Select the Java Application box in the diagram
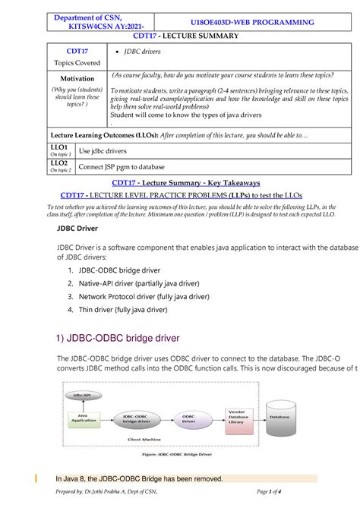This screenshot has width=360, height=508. point(84,418)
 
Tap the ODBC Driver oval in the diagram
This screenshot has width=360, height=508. point(188,418)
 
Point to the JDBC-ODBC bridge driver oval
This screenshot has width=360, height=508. point(137,418)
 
